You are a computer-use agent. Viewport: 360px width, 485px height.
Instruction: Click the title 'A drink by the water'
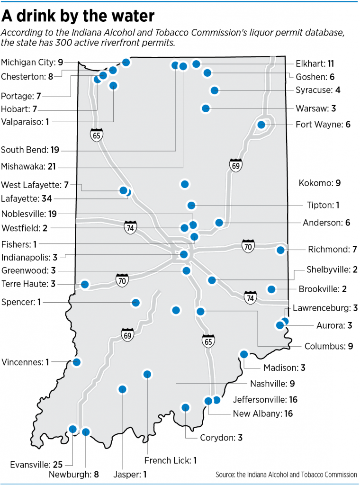pos(78,16)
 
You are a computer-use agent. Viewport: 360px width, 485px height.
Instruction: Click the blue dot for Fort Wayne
pos(261,125)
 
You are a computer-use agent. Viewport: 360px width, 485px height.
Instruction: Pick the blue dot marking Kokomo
pos(185,184)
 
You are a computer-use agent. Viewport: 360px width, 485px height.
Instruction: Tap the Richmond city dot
pos(280,250)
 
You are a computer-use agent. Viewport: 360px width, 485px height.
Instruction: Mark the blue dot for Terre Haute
pos(85,284)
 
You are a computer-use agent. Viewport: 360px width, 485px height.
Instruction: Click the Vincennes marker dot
pos(76,362)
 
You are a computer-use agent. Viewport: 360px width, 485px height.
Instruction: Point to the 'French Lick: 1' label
pos(171,460)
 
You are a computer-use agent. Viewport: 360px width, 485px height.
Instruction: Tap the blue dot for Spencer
pos(136,302)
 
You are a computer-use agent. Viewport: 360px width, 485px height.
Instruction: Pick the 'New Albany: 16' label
pos(263,413)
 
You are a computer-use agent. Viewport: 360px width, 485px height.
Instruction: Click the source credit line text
pos(286,474)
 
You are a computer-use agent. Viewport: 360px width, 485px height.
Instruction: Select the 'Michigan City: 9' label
pos(32,62)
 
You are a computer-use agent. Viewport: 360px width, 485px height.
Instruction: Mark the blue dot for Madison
pos(244,354)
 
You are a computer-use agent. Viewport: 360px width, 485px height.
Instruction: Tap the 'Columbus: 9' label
pos(329,346)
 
